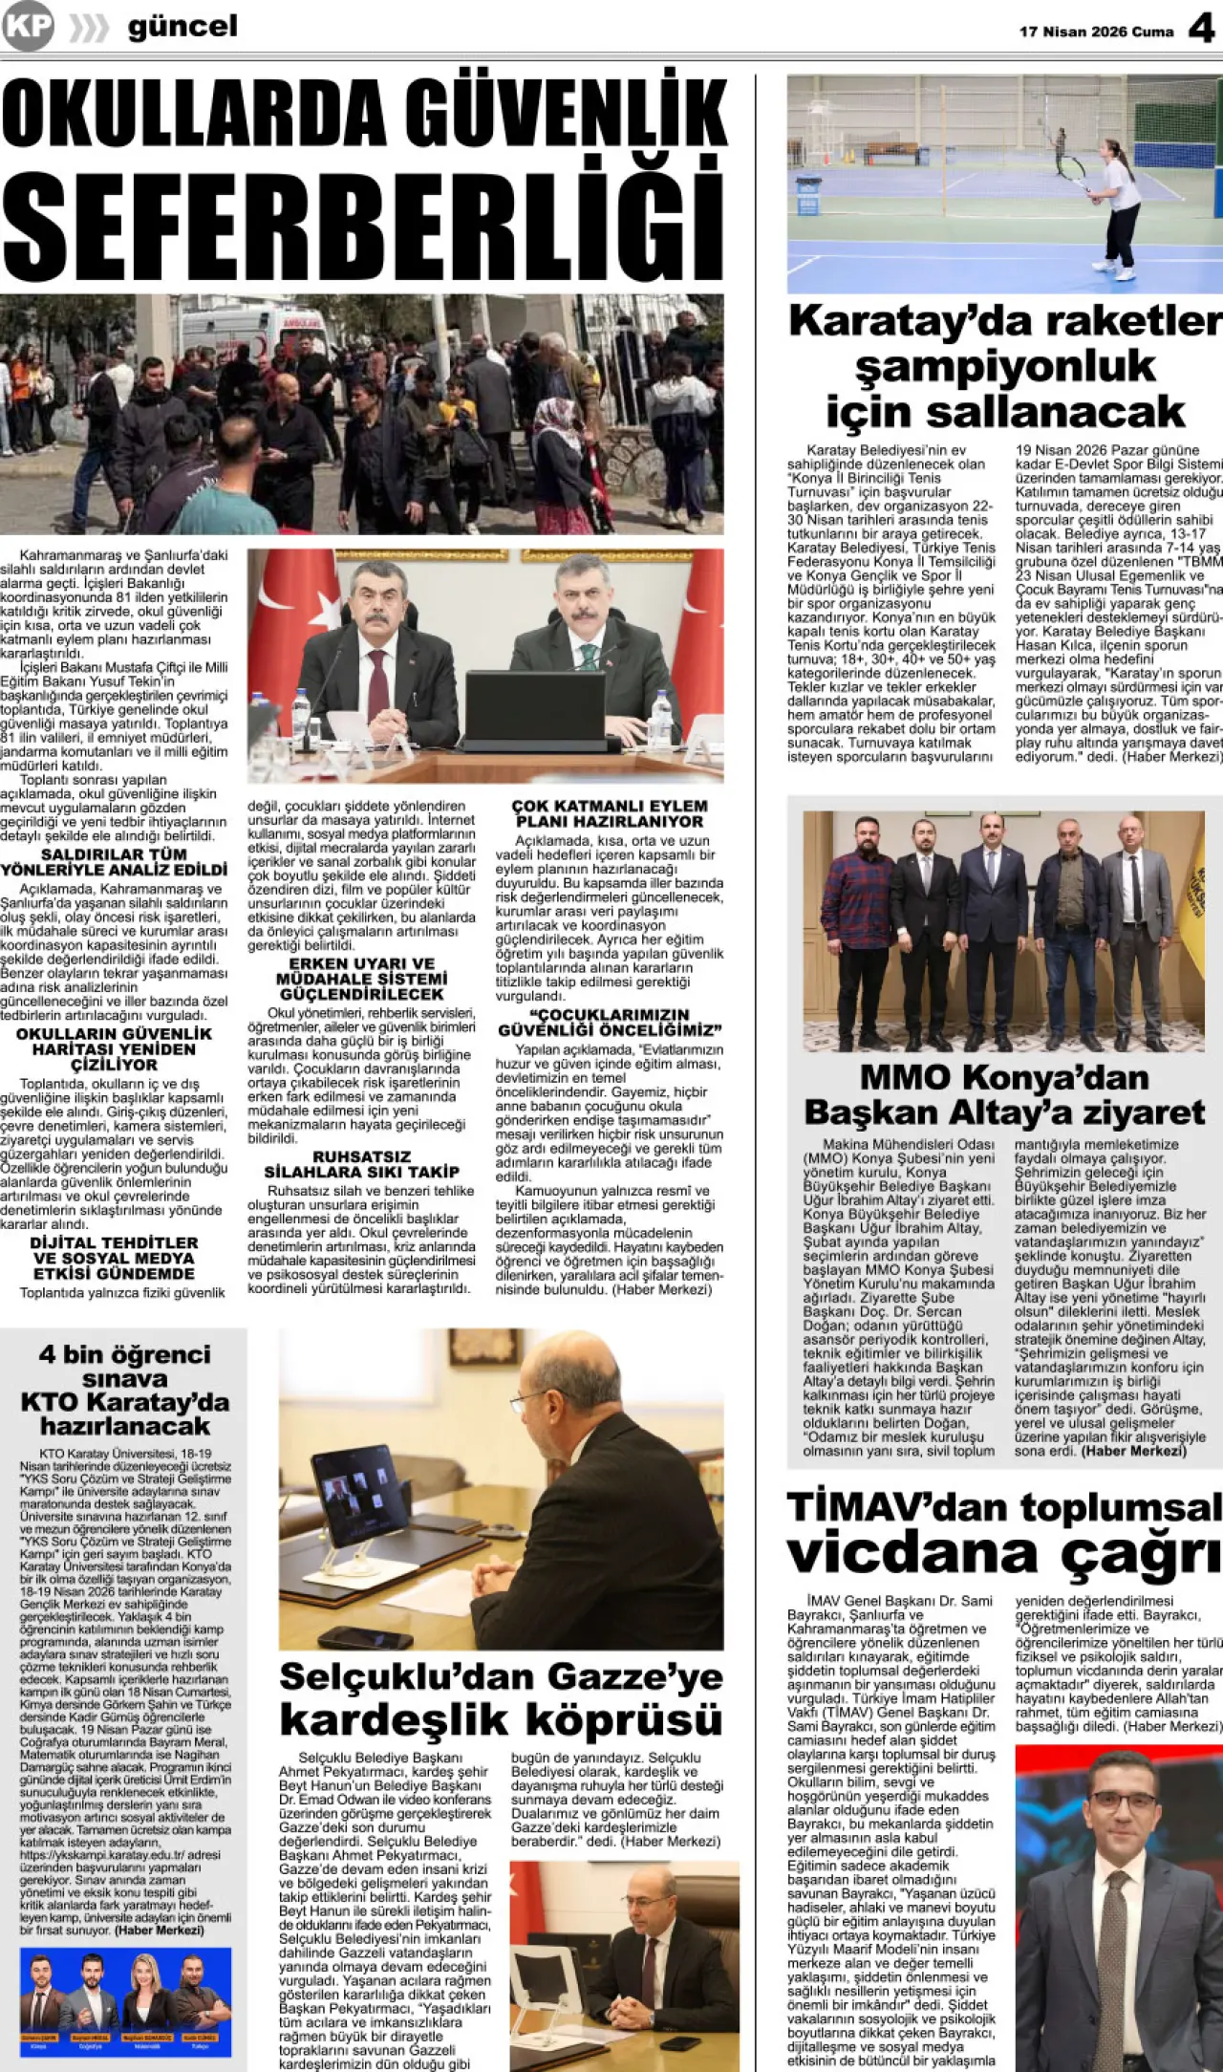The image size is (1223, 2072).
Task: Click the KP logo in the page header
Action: [28, 27]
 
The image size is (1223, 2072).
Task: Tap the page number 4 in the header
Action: [1201, 29]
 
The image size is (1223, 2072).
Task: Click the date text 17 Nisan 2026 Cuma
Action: [1096, 32]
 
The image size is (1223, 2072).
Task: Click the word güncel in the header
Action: [182, 27]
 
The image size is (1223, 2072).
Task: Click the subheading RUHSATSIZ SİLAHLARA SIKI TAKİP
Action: [361, 1164]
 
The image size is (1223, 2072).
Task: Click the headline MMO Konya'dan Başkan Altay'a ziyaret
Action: [1004, 1095]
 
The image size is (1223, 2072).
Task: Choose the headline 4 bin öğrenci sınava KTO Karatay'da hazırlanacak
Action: [124, 1390]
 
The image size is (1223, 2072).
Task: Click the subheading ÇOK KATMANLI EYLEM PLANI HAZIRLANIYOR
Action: [610, 813]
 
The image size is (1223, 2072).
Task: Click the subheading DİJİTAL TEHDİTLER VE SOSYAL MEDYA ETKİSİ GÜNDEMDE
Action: [114, 1258]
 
